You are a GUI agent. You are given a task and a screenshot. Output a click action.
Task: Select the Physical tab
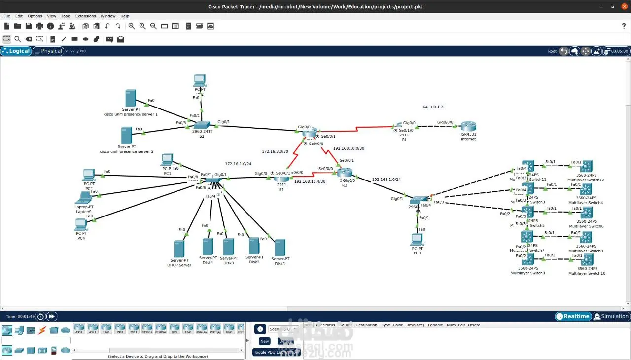(x=48, y=51)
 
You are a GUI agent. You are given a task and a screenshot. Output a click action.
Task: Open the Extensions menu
(x=85, y=16)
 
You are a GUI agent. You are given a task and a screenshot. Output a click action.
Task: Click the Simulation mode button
(x=611, y=316)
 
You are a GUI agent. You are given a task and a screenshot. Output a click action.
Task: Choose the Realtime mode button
(x=573, y=316)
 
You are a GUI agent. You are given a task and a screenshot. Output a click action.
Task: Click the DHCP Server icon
(x=178, y=248)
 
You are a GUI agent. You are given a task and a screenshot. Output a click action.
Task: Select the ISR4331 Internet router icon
(x=468, y=127)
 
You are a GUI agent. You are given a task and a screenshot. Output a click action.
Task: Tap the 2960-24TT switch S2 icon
(x=202, y=126)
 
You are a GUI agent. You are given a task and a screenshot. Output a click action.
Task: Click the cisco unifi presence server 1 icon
(x=130, y=98)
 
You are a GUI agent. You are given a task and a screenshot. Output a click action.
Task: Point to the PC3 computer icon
(x=417, y=239)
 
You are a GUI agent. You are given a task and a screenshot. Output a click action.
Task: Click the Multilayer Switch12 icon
(x=586, y=166)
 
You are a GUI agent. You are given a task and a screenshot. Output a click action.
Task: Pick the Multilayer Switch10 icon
(x=586, y=260)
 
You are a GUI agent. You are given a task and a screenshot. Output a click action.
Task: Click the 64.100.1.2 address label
(x=433, y=107)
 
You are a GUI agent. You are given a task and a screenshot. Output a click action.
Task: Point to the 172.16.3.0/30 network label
(x=275, y=151)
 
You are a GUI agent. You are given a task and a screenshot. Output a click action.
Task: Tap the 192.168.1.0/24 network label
(x=386, y=180)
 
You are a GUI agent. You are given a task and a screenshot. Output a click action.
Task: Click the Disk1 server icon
(x=280, y=248)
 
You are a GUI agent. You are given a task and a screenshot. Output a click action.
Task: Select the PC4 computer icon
(x=81, y=225)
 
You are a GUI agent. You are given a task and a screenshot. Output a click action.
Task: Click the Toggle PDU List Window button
(x=276, y=352)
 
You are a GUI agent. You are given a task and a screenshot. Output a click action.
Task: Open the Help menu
(x=125, y=16)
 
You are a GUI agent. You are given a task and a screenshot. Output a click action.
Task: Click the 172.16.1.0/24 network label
(x=238, y=164)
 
